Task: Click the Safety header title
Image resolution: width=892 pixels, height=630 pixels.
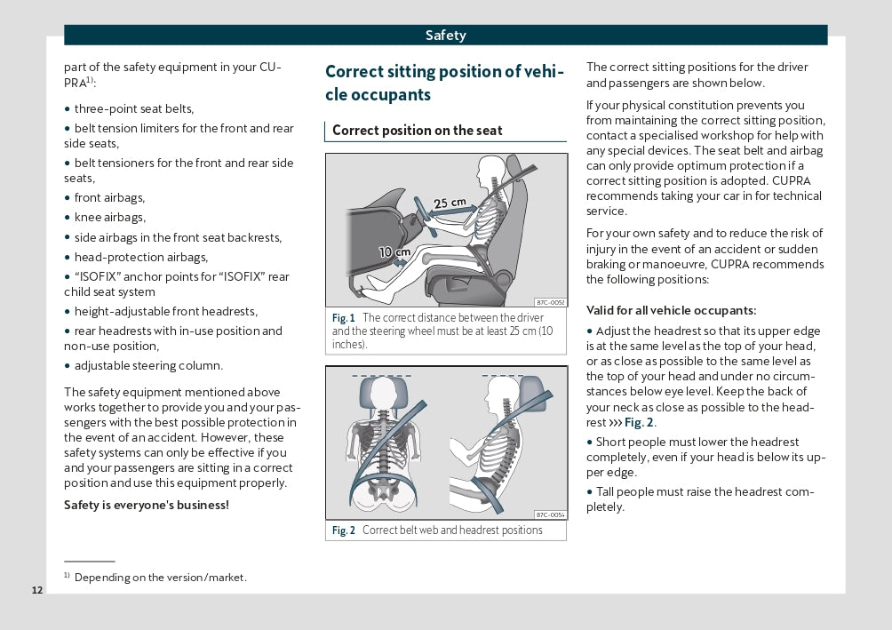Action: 445,36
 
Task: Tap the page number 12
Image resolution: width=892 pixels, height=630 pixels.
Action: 36,591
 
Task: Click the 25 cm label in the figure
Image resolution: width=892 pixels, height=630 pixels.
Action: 450,203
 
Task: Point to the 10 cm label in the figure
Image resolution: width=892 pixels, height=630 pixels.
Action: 394,252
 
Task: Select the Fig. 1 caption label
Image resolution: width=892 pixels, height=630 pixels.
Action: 343,318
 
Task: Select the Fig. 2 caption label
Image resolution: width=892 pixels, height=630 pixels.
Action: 343,530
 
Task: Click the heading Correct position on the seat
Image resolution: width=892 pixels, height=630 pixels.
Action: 417,131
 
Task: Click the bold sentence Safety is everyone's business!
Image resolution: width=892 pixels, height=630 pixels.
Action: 147,505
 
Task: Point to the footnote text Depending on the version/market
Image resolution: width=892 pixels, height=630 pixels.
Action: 160,578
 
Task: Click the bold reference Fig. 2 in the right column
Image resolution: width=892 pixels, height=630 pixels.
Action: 639,423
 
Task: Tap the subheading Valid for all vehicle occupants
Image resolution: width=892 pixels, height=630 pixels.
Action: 672,310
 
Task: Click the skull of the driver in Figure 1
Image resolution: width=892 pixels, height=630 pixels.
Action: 490,169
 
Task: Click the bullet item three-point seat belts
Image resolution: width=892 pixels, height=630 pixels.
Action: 133,108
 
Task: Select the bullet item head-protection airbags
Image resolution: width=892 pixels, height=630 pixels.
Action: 140,257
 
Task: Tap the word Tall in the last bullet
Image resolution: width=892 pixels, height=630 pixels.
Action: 608,491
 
